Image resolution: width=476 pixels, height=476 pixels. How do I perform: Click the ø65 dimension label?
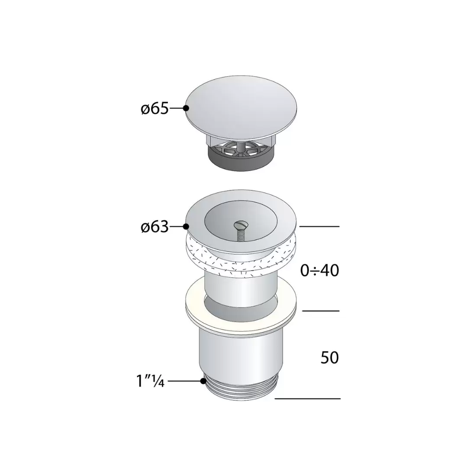pyautogui.click(x=154, y=108)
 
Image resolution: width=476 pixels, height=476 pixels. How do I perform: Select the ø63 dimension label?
pyautogui.click(x=154, y=227)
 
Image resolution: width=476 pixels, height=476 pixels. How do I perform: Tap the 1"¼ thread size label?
pyautogui.click(x=150, y=381)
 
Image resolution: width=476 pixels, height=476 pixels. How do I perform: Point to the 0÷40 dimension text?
pyautogui.click(x=319, y=270)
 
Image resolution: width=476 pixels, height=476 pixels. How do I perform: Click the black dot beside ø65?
pyautogui.click(x=186, y=108)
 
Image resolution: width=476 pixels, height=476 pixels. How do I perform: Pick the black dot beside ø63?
pyautogui.click(x=186, y=226)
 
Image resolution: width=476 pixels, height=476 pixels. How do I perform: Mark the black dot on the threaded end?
pyautogui.click(x=203, y=381)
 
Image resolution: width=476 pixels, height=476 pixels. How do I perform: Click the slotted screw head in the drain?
pyautogui.click(x=241, y=225)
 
